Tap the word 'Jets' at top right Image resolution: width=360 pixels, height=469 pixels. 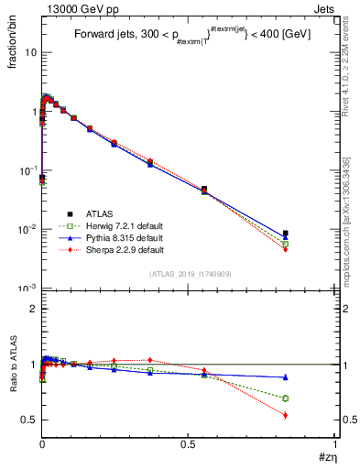click(323, 8)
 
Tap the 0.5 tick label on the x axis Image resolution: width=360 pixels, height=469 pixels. click(189, 443)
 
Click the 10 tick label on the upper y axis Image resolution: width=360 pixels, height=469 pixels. click(30, 52)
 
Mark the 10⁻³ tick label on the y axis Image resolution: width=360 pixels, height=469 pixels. click(27, 289)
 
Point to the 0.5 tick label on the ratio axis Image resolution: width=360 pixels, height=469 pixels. click(28, 420)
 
